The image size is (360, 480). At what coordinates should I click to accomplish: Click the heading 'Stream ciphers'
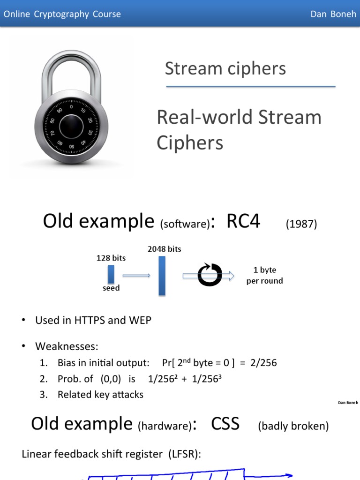pyautogui.click(x=225, y=68)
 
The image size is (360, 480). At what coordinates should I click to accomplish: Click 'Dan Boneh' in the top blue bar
pyautogui.click(x=330, y=14)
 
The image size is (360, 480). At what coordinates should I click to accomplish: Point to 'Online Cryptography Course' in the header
pyautogui.click(x=62, y=14)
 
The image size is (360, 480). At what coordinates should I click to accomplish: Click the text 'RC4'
pyautogui.click(x=243, y=221)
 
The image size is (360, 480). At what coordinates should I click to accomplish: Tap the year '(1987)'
pyautogui.click(x=301, y=224)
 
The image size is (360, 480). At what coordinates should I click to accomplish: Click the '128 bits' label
pyautogui.click(x=111, y=258)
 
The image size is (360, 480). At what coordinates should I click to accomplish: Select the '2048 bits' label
pyautogui.click(x=164, y=249)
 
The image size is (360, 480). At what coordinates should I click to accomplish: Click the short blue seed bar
pyautogui.click(x=111, y=274)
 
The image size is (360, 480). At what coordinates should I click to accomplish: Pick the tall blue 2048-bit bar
pyautogui.click(x=162, y=276)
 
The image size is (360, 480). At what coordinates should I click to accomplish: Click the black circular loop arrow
pyautogui.click(x=210, y=275)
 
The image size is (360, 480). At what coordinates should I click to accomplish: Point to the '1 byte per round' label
pyautogui.click(x=265, y=275)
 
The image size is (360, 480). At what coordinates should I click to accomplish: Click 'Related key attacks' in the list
pyautogui.click(x=100, y=395)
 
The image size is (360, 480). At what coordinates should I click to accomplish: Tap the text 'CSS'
pyautogui.click(x=225, y=424)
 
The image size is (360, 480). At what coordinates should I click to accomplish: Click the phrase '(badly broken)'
pyautogui.click(x=293, y=426)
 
